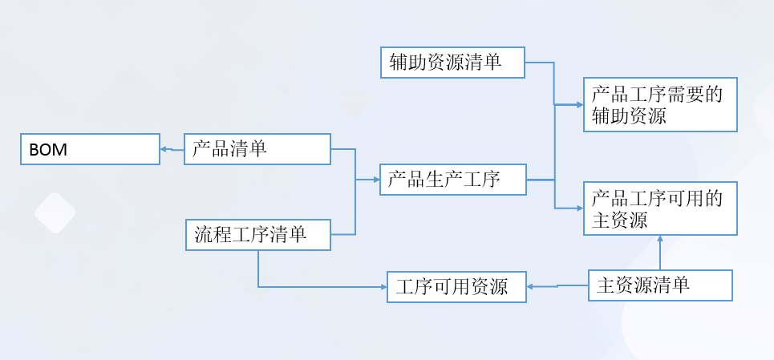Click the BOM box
90,149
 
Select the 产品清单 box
257,149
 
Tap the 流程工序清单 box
257,235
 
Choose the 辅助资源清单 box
452,63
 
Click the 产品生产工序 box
452,180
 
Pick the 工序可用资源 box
456,286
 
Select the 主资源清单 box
661,285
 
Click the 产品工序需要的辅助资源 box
660,105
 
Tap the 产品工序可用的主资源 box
660,208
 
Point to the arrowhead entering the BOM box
164,149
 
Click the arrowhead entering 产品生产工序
375,180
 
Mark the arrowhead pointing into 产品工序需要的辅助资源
578,104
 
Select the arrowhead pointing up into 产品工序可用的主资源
660,240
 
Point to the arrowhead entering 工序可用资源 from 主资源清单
532,285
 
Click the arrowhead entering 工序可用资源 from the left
383,286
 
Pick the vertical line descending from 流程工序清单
258,269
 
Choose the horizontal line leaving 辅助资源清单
539,63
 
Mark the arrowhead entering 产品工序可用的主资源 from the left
578,208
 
